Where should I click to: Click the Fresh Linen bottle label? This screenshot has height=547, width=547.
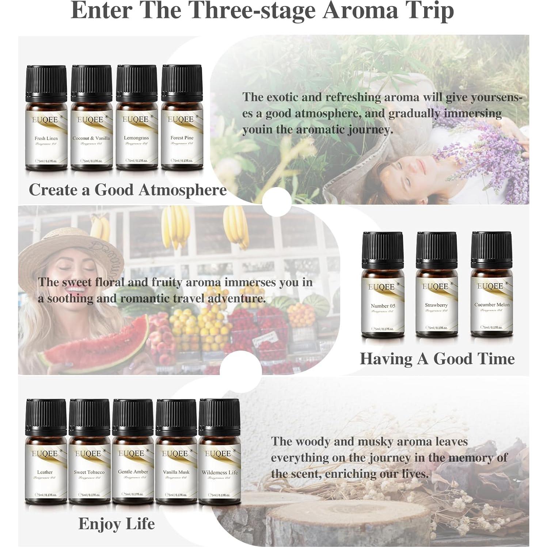click(x=46, y=138)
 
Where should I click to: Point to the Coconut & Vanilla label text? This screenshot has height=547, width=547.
click(x=91, y=138)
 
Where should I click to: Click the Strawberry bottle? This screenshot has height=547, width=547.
click(x=437, y=289)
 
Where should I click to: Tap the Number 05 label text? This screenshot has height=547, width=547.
click(x=383, y=306)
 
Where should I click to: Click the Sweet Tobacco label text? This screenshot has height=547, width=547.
click(x=89, y=472)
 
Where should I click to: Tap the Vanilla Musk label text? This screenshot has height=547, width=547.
click(x=176, y=472)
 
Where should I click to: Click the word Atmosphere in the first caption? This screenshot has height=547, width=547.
click(x=182, y=190)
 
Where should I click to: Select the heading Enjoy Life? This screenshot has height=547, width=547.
click(x=117, y=524)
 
